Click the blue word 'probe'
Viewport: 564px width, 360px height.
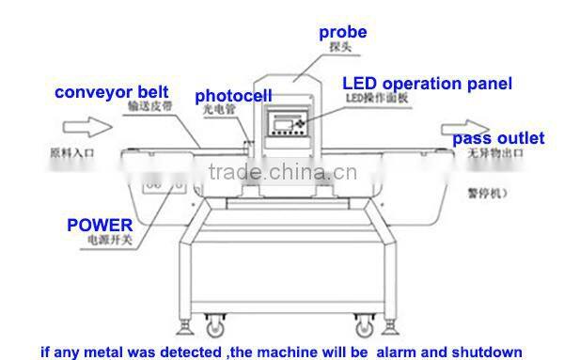point(342,32)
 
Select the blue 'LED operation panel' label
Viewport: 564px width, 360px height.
point(426,84)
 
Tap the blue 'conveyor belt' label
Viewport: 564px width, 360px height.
point(112,92)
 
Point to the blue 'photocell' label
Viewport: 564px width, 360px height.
point(233,96)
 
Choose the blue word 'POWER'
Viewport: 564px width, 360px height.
point(99,226)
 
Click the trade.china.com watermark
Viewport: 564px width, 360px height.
point(280,172)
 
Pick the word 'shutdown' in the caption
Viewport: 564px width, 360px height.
point(485,352)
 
